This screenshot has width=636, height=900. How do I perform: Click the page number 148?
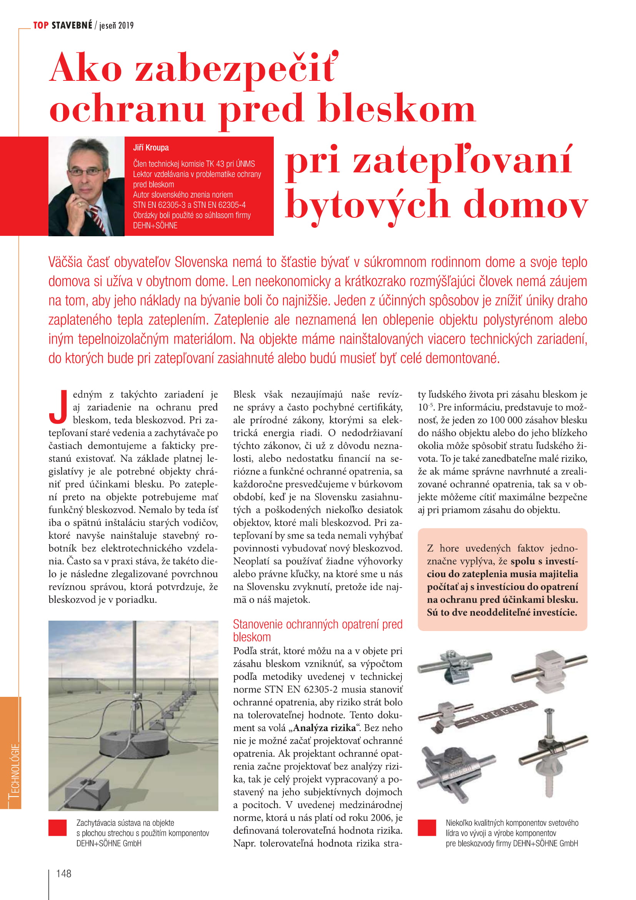(x=63, y=873)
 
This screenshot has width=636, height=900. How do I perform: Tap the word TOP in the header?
(x=40, y=25)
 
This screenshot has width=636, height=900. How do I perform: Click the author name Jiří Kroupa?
(x=151, y=148)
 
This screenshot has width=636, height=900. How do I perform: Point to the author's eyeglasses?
(x=86, y=171)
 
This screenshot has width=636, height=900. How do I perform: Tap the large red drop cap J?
(x=58, y=407)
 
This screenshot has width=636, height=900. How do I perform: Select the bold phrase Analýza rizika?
(x=324, y=728)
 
